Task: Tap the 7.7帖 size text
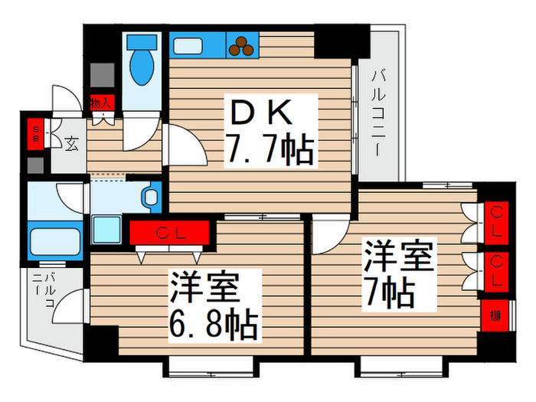tap(268, 152)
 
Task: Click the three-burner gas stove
tap(243, 46)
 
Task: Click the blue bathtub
tap(55, 243)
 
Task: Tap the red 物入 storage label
tap(101, 102)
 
